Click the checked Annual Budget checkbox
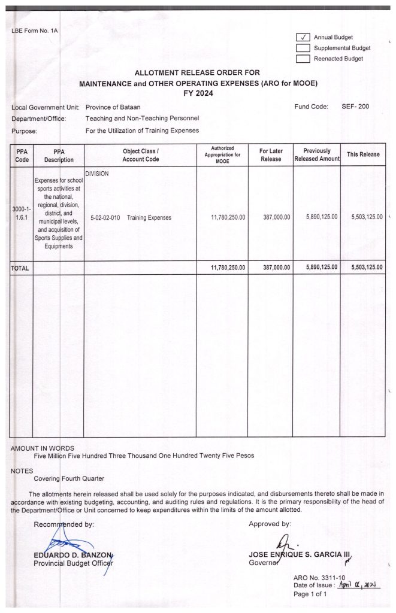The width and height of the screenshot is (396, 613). click(303, 37)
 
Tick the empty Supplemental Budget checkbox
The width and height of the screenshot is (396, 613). click(303, 48)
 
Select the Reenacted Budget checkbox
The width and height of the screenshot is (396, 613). click(303, 59)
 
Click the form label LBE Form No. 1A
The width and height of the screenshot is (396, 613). click(34, 30)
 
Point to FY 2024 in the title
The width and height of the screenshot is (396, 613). click(198, 93)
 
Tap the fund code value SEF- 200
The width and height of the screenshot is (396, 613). click(355, 107)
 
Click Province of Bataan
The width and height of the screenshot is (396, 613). click(113, 107)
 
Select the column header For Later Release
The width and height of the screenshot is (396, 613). click(271, 154)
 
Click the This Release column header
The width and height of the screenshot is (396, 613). click(363, 154)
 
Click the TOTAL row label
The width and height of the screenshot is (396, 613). click(20, 268)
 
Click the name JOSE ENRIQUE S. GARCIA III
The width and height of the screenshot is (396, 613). click(299, 554)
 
